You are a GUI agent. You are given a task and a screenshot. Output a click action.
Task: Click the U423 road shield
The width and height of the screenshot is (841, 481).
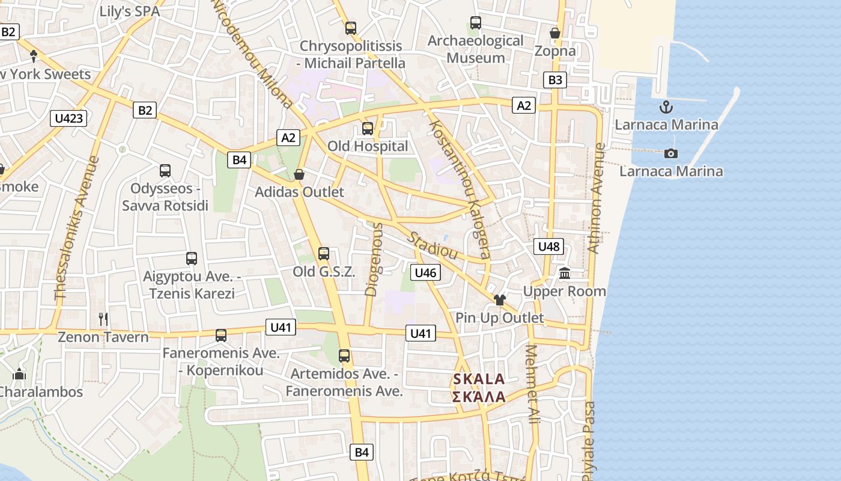point(68,118)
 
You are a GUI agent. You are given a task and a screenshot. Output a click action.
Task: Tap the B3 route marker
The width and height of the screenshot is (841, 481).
point(555,80)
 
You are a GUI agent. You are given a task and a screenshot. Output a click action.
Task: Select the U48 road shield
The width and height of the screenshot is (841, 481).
point(548,246)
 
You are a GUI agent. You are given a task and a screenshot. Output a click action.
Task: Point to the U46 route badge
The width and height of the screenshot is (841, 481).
point(425,272)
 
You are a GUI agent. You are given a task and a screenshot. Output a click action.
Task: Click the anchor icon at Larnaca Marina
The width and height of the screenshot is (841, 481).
point(666,108)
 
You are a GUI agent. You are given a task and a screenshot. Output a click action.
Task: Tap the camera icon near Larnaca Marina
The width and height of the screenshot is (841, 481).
point(671,153)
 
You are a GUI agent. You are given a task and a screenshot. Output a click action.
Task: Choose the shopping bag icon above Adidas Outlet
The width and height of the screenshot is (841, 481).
point(299,174)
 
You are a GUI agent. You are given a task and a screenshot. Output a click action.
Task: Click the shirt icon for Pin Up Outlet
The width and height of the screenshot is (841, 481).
point(499,299)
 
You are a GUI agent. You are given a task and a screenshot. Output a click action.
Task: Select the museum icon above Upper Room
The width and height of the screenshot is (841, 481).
point(565,274)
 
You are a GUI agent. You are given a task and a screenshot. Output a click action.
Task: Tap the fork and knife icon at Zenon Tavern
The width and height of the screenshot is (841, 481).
point(103,319)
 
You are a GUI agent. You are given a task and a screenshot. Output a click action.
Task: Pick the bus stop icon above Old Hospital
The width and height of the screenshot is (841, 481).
point(367,128)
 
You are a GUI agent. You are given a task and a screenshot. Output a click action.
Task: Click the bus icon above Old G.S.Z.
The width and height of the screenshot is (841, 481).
point(324,254)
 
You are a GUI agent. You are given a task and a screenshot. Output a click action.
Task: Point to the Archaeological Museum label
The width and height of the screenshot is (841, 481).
point(475,49)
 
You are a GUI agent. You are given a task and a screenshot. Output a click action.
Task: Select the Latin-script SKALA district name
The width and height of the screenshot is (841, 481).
point(479,379)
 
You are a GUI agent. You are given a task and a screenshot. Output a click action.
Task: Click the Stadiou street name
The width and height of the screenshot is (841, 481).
point(433,244)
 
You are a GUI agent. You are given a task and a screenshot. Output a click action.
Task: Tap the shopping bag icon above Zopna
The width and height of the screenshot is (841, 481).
point(555,33)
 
